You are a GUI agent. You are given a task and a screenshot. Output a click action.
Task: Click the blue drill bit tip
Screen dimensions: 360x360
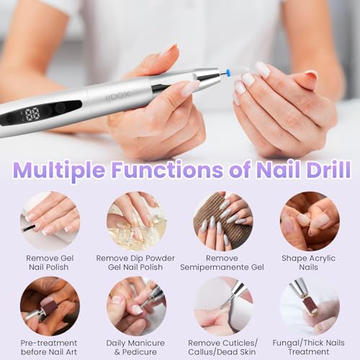click(x=228, y=71)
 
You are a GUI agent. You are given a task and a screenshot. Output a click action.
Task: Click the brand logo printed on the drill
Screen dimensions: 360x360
click(x=118, y=96)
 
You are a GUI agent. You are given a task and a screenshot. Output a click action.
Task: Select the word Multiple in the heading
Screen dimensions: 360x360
click(x=60, y=170)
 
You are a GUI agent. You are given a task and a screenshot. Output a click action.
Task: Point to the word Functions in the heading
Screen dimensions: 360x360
click(x=167, y=170)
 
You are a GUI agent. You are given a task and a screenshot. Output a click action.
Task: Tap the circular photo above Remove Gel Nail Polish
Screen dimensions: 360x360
click(x=50, y=221)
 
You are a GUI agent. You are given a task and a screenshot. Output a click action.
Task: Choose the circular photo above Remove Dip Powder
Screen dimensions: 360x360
click(x=136, y=221)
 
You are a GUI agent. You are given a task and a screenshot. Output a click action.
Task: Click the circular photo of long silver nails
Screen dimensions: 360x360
click(x=223, y=221)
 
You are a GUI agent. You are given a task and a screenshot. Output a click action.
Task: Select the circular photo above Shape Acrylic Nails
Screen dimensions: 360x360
click(x=310, y=221)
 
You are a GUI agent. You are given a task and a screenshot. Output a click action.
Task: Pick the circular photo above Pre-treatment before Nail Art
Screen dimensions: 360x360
click(x=50, y=306)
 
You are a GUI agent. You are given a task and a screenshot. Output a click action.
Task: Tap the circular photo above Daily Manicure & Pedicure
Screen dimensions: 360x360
click(x=136, y=306)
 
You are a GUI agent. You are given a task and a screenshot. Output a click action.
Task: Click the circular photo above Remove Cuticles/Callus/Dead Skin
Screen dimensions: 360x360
click(x=223, y=306)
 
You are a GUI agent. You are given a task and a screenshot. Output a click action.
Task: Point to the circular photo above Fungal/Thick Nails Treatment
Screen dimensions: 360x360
click(x=310, y=306)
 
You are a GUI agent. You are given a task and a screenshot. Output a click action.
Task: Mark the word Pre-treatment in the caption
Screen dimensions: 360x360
click(x=49, y=343)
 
